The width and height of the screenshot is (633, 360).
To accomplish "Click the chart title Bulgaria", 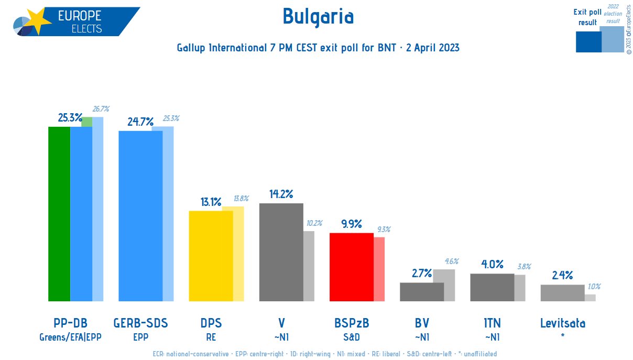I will [318, 17].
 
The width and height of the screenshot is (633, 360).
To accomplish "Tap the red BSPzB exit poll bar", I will [351, 267].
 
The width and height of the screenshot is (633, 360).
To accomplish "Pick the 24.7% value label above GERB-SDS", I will [140, 122].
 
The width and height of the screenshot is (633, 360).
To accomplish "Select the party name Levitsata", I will [562, 323].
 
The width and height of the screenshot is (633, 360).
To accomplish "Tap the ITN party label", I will [492, 323].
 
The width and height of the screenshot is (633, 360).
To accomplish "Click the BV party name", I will [422, 323].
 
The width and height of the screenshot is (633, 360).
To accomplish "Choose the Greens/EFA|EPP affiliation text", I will [70, 337].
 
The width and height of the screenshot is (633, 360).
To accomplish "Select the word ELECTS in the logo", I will [86, 28].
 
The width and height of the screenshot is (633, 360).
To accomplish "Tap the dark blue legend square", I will [588, 42].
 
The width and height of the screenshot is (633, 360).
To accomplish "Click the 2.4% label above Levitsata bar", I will [562, 276].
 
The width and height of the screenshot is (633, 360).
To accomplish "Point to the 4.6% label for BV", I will [452, 261].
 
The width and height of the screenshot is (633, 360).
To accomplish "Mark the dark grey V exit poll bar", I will [281, 252].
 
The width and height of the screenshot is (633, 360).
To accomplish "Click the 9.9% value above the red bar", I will [351, 224].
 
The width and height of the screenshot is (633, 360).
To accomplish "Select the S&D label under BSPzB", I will [351, 337].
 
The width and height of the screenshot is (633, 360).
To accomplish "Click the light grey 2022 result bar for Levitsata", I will [590, 298].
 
